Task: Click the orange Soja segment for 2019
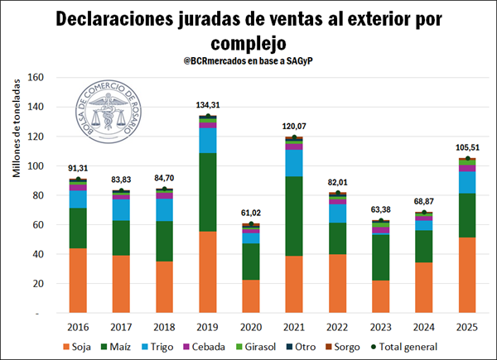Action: (x=208, y=273)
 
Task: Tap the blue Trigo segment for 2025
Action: (x=468, y=182)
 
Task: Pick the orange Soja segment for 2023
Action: (x=381, y=297)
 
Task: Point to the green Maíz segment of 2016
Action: (x=79, y=228)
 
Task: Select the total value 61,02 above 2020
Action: (x=251, y=213)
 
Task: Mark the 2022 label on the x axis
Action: (x=338, y=327)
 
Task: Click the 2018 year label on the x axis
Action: (x=165, y=327)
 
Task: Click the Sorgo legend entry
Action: (x=361, y=348)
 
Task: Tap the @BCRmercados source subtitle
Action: (x=248, y=62)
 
